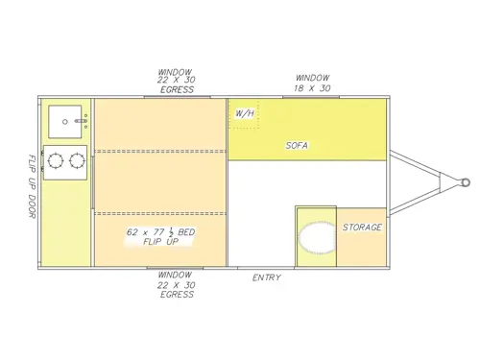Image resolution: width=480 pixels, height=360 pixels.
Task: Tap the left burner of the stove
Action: tap(56, 160)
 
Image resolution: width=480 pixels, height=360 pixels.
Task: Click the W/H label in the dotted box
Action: tap(244, 115)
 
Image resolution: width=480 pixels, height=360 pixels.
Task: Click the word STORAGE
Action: tap(362, 228)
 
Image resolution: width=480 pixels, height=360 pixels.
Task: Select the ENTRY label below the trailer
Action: tap(266, 278)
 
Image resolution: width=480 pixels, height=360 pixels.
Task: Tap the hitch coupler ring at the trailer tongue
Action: tap(465, 181)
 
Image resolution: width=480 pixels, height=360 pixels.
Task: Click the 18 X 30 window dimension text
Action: tap(313, 87)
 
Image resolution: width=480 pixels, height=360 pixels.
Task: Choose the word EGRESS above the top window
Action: tap(178, 90)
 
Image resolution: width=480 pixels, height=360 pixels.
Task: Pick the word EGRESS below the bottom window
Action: tap(178, 295)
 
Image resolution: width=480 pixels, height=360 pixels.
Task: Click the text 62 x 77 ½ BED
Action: tap(161, 233)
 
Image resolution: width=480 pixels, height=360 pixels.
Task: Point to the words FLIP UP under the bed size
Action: tap(159, 244)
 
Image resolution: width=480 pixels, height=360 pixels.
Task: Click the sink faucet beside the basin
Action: tap(84, 121)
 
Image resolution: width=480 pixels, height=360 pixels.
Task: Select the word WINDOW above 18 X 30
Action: tap(313, 78)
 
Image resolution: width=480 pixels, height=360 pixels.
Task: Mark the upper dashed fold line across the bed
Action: tap(159, 151)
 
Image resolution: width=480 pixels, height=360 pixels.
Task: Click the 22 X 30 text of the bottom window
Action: tap(178, 286)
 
